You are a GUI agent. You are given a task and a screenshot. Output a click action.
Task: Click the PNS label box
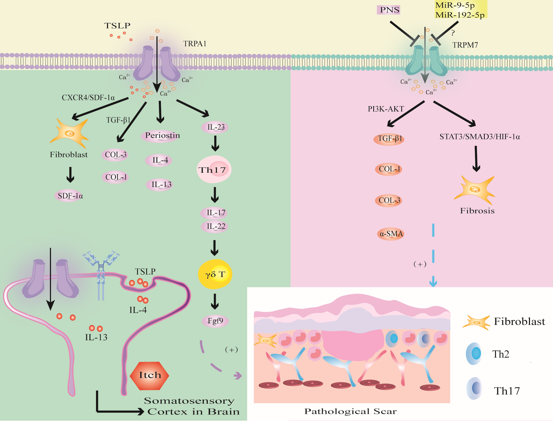pos(389,10)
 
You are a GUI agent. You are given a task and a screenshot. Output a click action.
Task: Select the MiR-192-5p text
pos(460,15)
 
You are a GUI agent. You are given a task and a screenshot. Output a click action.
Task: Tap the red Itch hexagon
pos(149,376)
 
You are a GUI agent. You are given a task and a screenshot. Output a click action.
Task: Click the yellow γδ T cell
pos(215,274)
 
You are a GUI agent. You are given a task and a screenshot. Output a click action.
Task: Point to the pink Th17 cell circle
pos(214,169)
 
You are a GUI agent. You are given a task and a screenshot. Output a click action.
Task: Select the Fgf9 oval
pos(215,321)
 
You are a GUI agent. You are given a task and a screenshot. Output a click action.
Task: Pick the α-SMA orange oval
pos(391,234)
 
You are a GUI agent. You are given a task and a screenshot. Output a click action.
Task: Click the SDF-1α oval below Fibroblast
pos(70,196)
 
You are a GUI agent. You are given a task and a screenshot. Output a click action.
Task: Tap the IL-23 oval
pos(215,127)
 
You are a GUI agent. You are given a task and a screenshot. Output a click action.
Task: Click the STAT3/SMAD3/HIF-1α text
pos(479,137)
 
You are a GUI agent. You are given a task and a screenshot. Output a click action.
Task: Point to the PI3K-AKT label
pos(386,109)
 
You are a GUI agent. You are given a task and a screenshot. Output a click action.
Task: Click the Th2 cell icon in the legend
pos(474,354)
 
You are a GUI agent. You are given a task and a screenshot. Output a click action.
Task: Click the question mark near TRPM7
pos(453,33)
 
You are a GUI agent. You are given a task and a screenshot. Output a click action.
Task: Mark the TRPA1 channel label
pos(195,44)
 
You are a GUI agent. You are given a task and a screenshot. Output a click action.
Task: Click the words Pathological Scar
pos(350,411)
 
